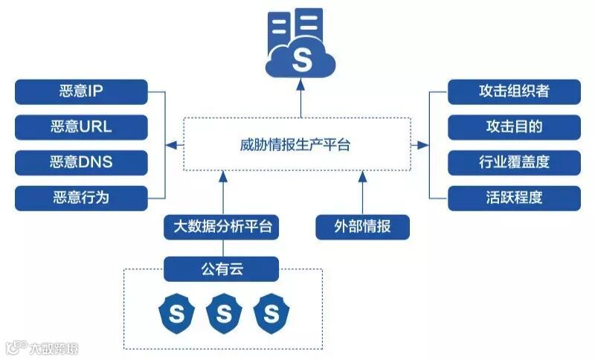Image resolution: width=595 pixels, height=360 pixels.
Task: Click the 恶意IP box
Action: (x=81, y=92)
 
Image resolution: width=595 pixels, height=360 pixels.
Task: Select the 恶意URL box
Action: (x=81, y=127)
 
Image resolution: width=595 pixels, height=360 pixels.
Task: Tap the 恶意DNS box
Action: (x=81, y=162)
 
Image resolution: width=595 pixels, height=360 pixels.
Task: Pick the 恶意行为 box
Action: (x=81, y=197)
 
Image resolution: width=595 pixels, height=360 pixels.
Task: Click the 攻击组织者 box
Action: (x=513, y=92)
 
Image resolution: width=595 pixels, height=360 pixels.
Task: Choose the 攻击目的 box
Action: (x=513, y=127)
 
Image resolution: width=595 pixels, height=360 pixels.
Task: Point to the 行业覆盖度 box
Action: (x=513, y=162)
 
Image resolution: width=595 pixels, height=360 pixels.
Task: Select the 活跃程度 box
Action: (x=513, y=197)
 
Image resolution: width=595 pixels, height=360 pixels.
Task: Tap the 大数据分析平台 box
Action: (x=222, y=226)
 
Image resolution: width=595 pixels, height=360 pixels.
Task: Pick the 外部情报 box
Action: (x=362, y=226)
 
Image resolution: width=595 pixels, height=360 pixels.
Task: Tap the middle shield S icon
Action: (x=223, y=314)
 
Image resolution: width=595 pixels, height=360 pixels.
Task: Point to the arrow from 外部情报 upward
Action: (x=362, y=193)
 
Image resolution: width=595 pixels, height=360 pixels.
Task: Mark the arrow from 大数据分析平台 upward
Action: (x=222, y=193)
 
